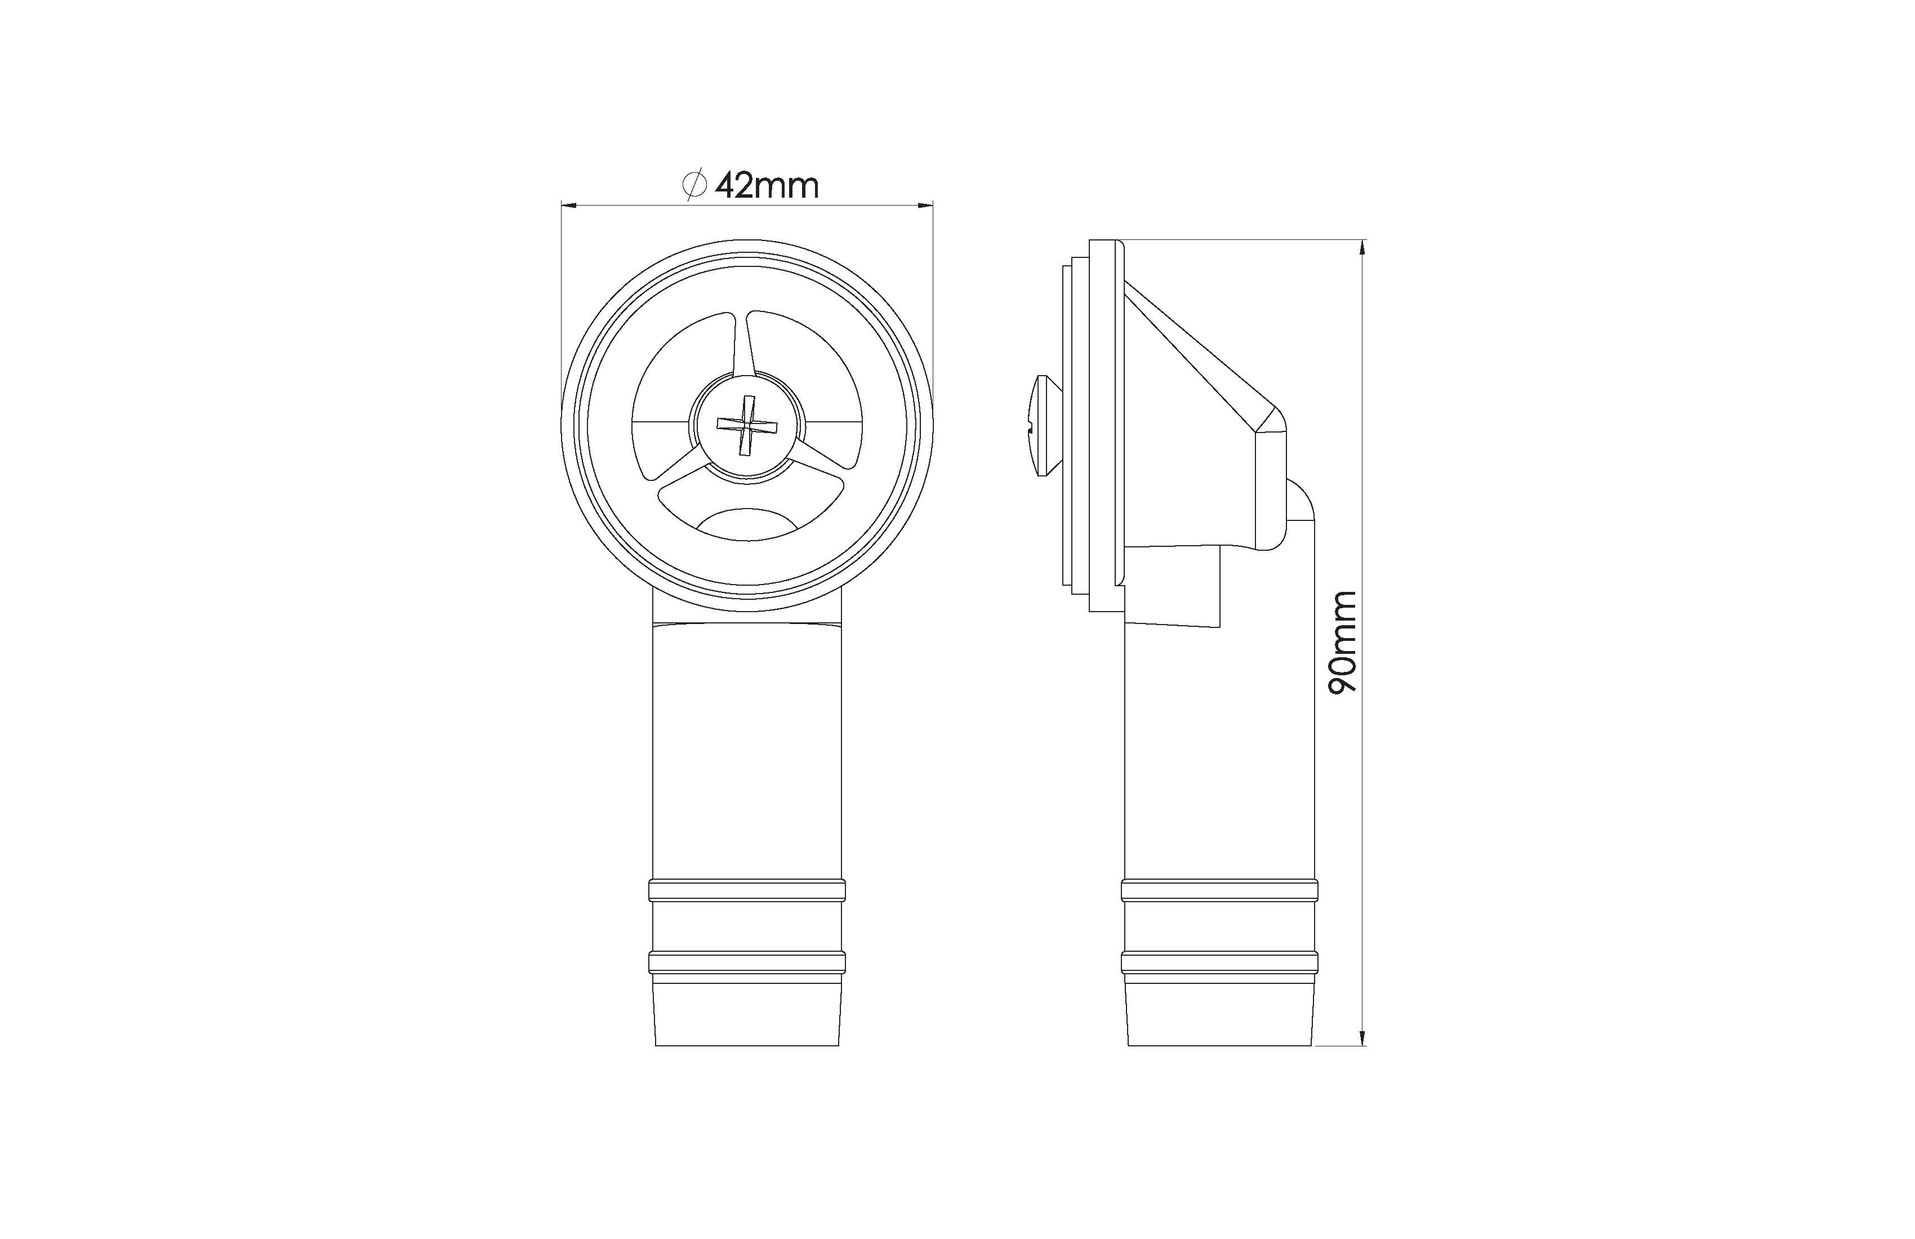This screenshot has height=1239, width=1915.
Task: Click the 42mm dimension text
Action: [x=767, y=186]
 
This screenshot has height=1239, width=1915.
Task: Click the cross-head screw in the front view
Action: [x=747, y=426]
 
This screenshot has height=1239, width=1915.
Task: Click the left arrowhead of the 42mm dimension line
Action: [x=569, y=206]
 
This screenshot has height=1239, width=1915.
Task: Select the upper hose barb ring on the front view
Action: [x=747, y=890]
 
